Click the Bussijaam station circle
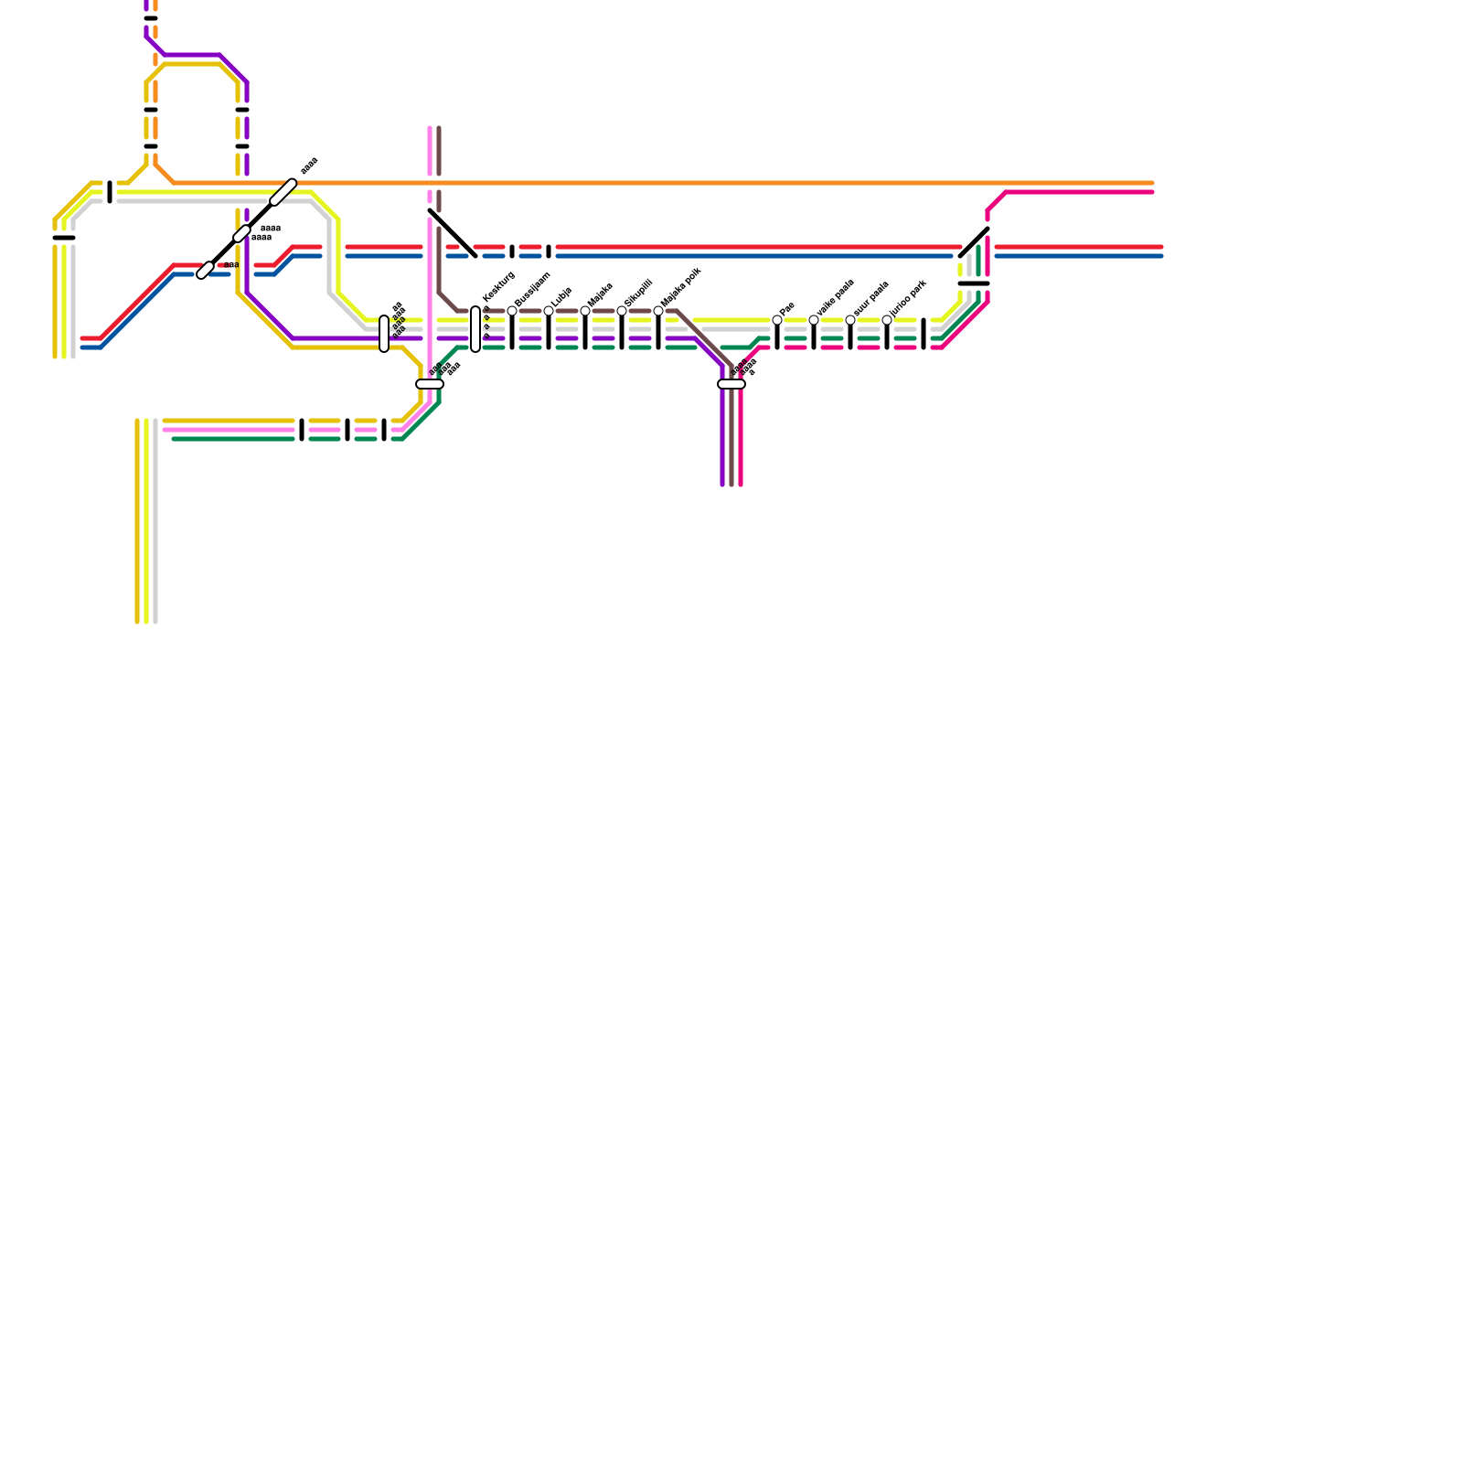(x=512, y=311)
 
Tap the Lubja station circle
(x=549, y=311)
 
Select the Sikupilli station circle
(x=622, y=311)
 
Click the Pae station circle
(x=777, y=320)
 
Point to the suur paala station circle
(x=850, y=320)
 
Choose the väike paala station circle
(x=814, y=320)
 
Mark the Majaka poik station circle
(x=658, y=311)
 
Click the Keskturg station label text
(x=498, y=287)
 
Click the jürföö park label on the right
(x=908, y=298)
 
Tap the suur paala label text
(x=871, y=299)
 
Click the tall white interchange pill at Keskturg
(x=475, y=329)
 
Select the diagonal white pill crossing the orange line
(x=283, y=192)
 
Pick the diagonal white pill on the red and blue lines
(x=205, y=270)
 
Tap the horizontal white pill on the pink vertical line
(x=430, y=384)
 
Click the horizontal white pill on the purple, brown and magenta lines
(x=731, y=384)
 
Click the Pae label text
(x=788, y=308)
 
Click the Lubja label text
(x=562, y=296)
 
